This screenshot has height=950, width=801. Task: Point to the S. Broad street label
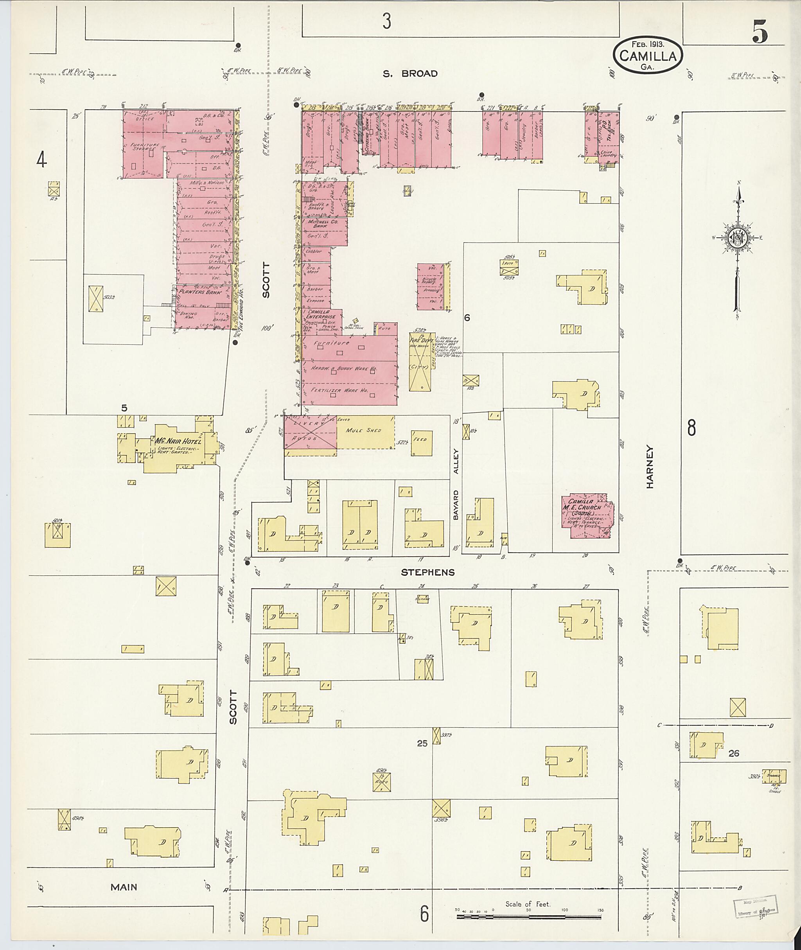tap(410, 74)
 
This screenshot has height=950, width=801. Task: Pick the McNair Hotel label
tap(178, 441)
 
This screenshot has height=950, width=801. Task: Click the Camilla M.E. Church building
tap(587, 517)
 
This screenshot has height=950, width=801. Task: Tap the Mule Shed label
tap(363, 430)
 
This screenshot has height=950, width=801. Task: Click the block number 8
tap(691, 428)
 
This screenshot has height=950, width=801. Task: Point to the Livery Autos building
tap(311, 432)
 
